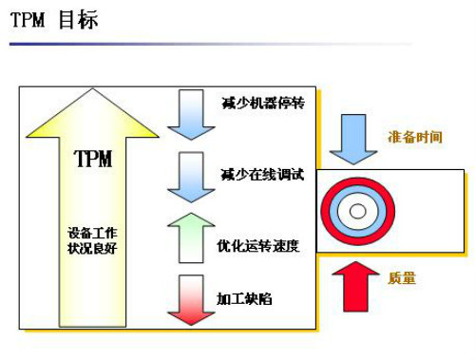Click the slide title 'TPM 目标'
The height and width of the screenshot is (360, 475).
tap(54, 20)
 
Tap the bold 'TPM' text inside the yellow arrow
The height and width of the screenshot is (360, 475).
tap(93, 159)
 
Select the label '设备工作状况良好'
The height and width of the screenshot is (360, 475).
tap(92, 240)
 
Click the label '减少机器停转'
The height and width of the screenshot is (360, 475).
tap(263, 104)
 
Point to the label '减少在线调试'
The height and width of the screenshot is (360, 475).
tap(262, 175)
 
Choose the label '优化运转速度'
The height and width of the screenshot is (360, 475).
tap(258, 246)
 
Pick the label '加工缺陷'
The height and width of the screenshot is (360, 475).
tap(244, 299)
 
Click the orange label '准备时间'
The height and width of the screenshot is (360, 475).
tap(415, 137)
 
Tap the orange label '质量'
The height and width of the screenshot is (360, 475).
tap(402, 278)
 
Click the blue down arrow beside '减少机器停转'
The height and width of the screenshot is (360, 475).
tap(191, 115)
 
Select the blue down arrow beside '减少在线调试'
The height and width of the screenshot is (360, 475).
tap(191, 178)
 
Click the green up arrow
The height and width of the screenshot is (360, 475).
tap(191, 237)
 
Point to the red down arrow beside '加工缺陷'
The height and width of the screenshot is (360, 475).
tap(191, 300)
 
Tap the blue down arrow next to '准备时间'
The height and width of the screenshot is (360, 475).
tap(353, 140)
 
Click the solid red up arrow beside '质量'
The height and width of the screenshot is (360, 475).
tap(355, 287)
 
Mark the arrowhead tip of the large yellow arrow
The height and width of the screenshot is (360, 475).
tap(92, 88)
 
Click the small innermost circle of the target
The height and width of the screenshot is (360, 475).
tap(358, 211)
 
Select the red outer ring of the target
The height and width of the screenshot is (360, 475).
tap(325, 211)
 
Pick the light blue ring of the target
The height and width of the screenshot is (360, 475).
tap(333, 211)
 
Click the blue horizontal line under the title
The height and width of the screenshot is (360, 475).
tap(211, 44)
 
